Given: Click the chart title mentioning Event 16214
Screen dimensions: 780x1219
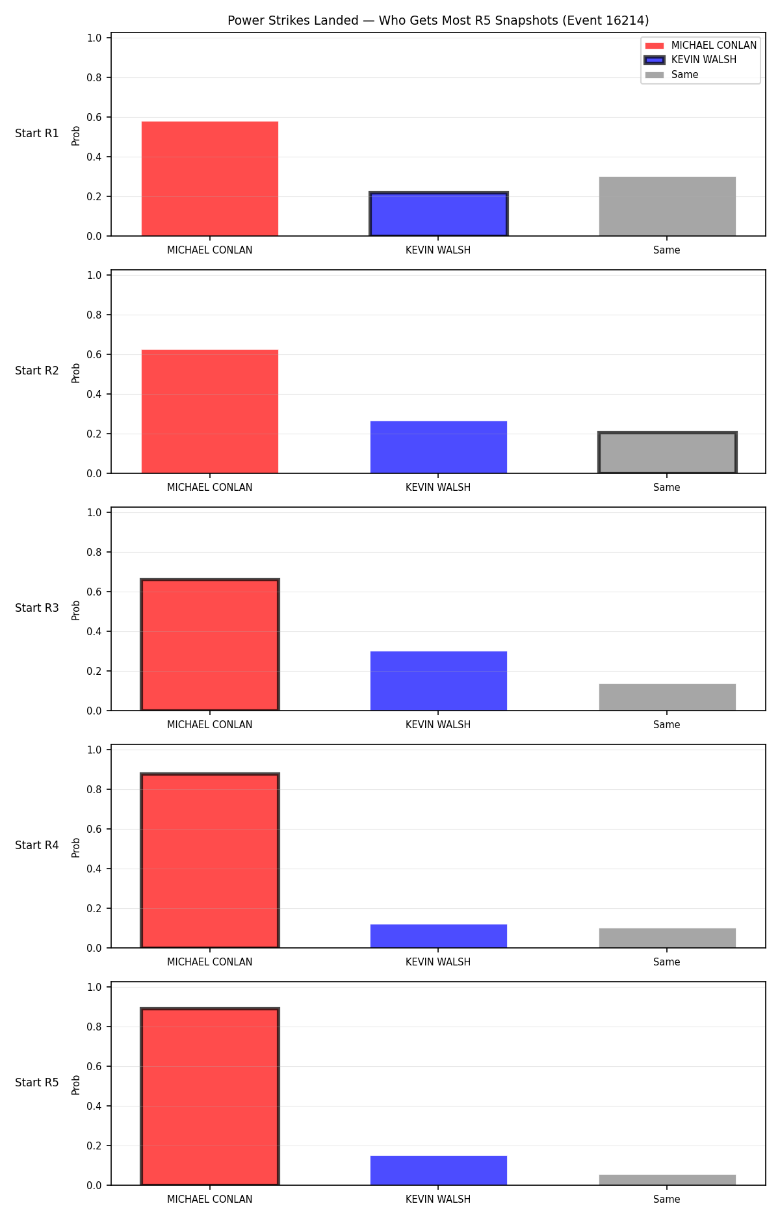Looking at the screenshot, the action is coord(438,20).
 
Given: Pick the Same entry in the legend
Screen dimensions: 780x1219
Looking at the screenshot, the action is coord(671,75).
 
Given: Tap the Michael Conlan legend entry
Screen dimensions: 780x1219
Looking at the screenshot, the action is coord(701,46).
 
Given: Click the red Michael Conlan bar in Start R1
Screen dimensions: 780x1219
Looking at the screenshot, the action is coord(210,179).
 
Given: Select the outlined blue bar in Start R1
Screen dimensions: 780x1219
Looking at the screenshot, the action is coord(439,214).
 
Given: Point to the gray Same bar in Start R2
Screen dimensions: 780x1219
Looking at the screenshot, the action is coord(668,452).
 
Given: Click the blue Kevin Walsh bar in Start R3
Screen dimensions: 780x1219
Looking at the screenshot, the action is coord(439,681).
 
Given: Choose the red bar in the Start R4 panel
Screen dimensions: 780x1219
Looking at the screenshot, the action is coord(210,861).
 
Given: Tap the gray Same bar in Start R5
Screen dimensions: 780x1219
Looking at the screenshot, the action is coord(668,1180).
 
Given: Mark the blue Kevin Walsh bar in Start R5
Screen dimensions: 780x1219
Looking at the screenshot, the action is coord(439,1170).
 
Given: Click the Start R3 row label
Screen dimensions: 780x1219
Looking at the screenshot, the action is coord(37,608).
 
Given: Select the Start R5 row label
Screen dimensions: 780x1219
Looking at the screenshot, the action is coord(37,1082).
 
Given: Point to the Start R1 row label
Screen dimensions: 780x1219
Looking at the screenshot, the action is coord(37,133).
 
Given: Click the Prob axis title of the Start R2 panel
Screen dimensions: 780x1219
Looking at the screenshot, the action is coord(76,373).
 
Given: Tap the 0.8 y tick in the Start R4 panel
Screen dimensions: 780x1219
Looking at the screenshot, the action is coord(94,789).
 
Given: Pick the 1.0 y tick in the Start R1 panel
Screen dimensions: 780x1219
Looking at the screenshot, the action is coord(94,38).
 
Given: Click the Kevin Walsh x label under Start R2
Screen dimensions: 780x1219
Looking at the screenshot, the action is coord(438,488).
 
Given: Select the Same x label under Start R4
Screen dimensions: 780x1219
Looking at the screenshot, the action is coord(667,962).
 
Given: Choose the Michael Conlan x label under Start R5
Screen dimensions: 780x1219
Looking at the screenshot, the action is coord(210,1199).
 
